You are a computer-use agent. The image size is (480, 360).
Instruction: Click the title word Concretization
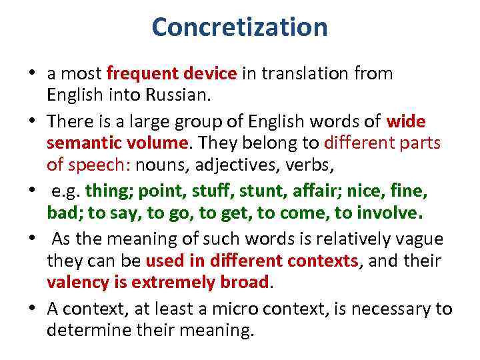pos(239,27)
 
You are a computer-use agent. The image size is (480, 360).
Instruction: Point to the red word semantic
pos(79,143)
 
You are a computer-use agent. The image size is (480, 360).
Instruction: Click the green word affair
pos(323,191)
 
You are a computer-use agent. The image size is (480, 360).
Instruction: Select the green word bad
pos(61,213)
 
